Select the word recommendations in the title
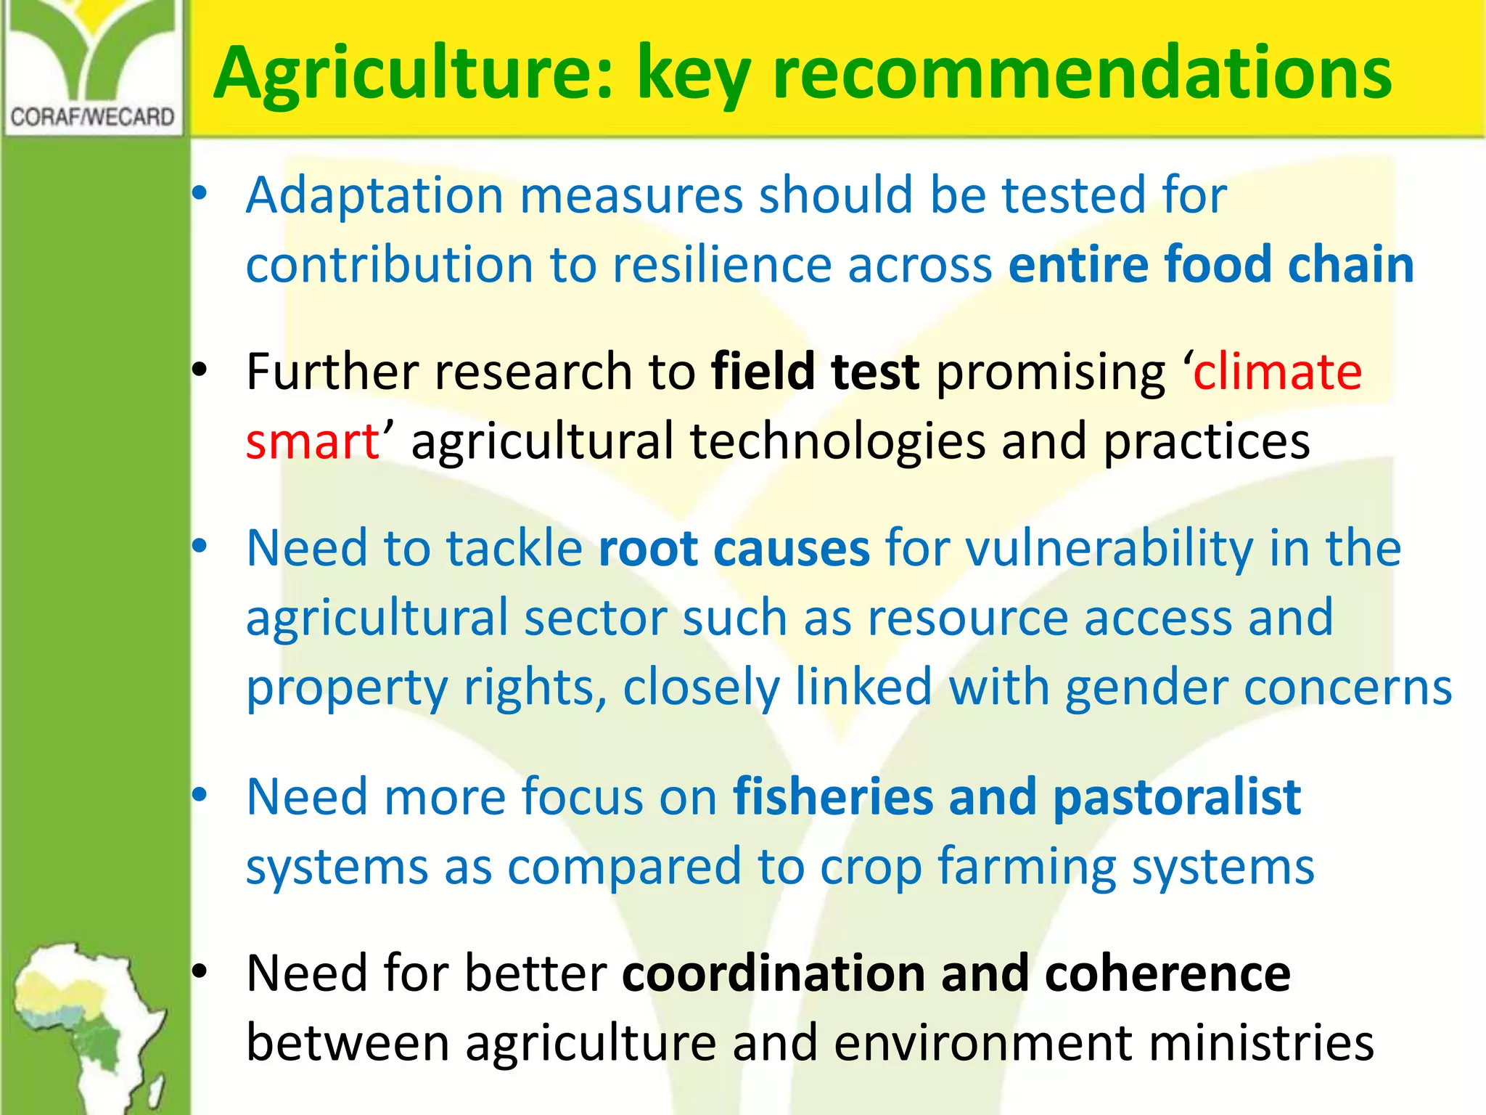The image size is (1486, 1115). click(x=1082, y=74)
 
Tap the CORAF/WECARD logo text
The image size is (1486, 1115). click(x=93, y=117)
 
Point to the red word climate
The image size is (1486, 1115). click(x=1277, y=371)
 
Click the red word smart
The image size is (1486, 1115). click(x=313, y=441)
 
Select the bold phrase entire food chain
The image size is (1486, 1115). click(x=1211, y=264)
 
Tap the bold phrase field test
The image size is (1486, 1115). click(x=815, y=371)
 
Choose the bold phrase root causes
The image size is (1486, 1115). click(x=734, y=547)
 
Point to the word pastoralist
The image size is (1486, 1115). click(x=1177, y=796)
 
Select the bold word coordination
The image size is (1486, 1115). click(x=773, y=973)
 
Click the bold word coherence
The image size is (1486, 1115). click(x=1167, y=973)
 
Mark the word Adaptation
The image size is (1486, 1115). click(x=374, y=195)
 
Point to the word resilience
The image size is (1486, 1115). click(x=722, y=264)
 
